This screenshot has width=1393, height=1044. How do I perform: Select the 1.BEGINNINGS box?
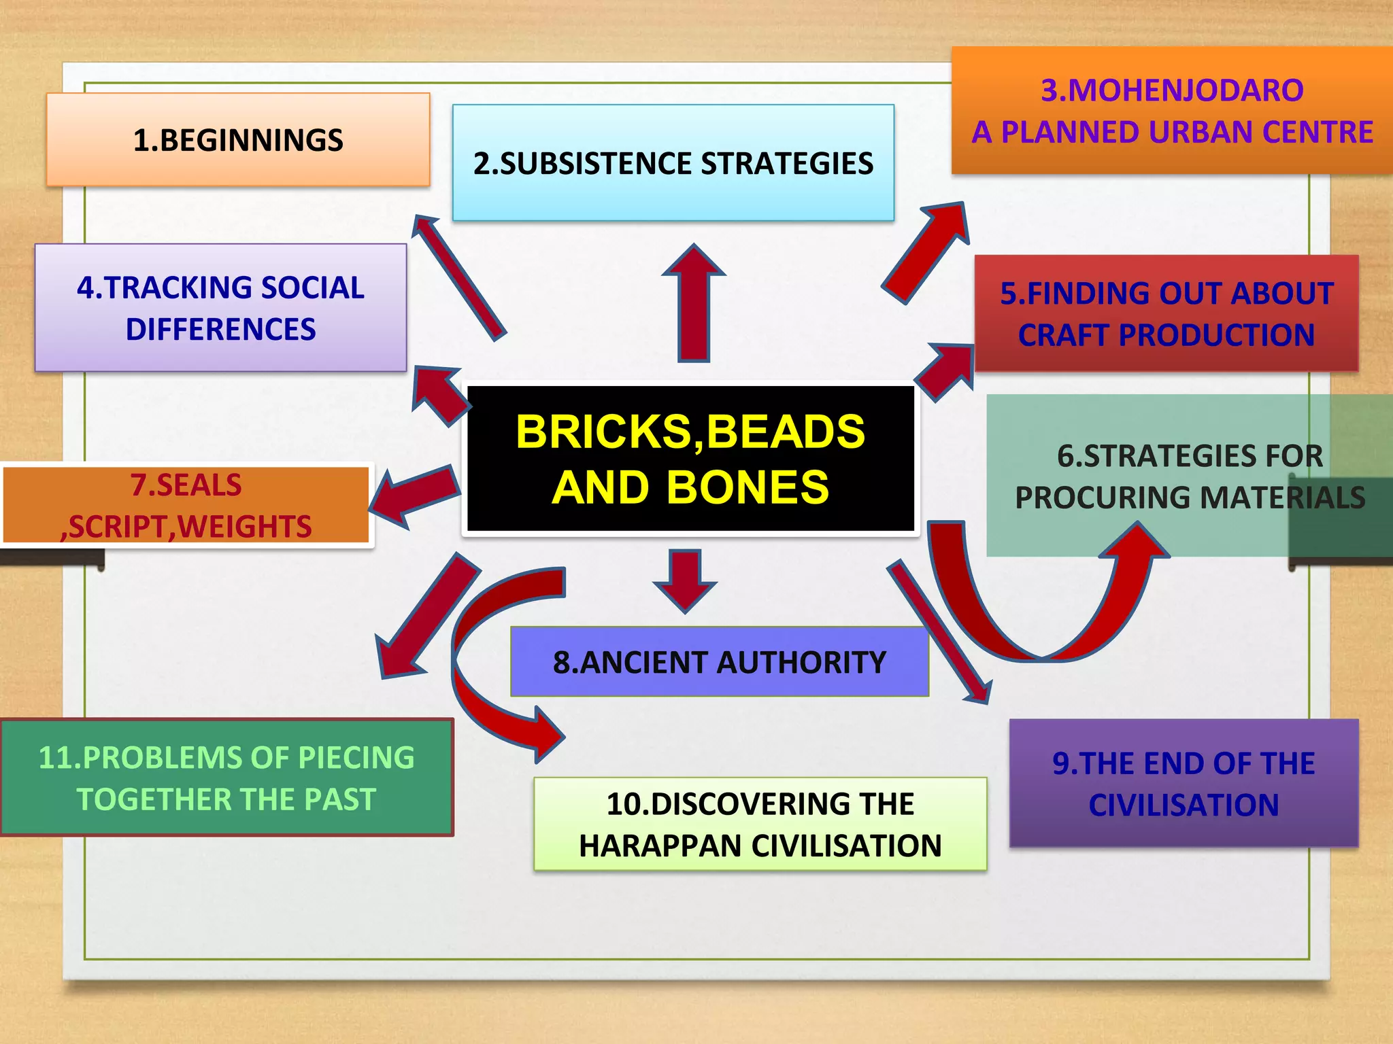point(238,140)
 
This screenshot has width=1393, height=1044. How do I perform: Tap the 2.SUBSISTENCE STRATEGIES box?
point(673,163)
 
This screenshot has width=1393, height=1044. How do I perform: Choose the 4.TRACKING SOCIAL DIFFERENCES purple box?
point(220,308)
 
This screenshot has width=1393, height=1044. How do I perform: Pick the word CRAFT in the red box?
point(1064,335)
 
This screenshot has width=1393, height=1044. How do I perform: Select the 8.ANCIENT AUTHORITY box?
point(719,662)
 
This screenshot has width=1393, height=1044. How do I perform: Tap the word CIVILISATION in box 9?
point(1184,805)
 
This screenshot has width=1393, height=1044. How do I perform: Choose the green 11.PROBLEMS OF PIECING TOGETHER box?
point(226,778)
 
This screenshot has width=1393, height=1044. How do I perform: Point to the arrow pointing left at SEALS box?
point(415,495)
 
